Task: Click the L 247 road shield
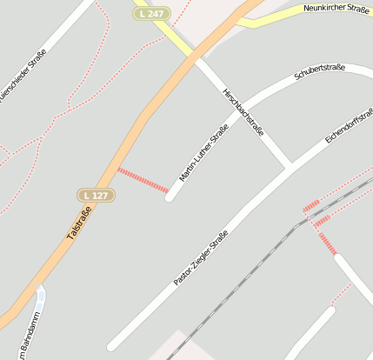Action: click(150, 14)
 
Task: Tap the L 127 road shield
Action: click(96, 195)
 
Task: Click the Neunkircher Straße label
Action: click(338, 8)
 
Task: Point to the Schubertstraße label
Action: click(320, 72)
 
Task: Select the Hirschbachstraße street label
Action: click(243, 110)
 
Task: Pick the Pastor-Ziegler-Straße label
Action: click(201, 258)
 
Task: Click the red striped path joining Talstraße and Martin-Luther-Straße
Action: click(143, 180)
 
